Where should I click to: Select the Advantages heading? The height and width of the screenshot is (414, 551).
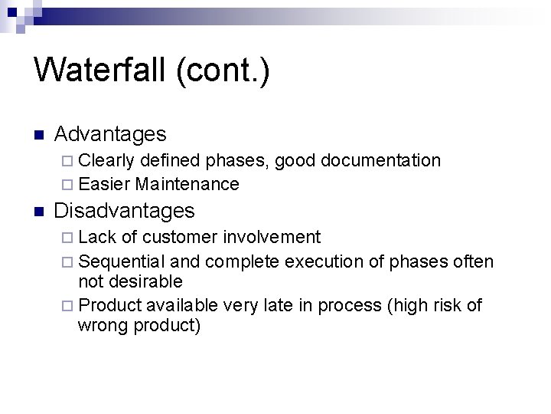click(x=110, y=134)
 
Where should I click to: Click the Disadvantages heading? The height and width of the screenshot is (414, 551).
click(x=126, y=210)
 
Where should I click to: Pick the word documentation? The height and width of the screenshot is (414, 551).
click(x=381, y=160)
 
